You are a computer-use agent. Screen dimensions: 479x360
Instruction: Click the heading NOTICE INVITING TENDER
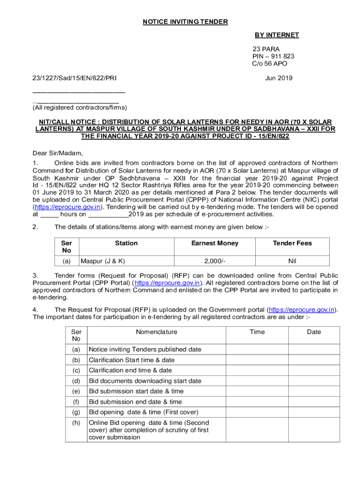pos(186,22)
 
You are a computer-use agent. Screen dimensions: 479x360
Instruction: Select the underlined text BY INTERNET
pos(277,35)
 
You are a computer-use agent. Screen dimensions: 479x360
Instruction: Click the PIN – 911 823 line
pos(274,56)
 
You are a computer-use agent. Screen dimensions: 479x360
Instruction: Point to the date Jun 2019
pos(279,78)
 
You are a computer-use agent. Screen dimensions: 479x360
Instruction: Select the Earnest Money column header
pos(215,243)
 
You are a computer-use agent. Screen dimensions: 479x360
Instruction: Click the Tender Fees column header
pos(292,243)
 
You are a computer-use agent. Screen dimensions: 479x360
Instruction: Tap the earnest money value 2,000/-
pos(215,261)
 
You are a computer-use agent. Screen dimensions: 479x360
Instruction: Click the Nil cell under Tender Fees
pos(292,261)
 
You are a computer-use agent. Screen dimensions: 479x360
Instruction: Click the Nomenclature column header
pos(157,332)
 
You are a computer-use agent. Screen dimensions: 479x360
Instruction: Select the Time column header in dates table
pos(257,332)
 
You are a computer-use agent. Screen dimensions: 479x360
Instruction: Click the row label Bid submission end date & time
pos(135,402)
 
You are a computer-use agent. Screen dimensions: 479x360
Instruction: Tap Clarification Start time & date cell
pos(131,360)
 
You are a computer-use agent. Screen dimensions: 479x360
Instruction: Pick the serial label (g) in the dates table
pos(76,412)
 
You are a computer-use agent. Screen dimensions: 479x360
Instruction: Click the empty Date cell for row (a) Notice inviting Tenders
pos(313,349)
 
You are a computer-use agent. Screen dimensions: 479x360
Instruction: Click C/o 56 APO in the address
pos(270,64)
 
